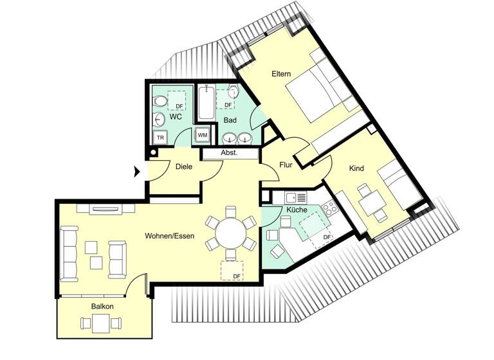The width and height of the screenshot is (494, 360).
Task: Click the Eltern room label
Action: (x=282, y=75)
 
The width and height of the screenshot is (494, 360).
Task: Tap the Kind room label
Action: (x=356, y=168)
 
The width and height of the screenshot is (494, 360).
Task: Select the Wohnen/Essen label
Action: (x=170, y=235)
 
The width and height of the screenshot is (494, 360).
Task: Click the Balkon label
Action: (x=102, y=307)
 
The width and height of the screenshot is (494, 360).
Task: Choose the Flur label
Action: (x=286, y=165)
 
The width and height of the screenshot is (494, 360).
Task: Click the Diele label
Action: (x=184, y=166)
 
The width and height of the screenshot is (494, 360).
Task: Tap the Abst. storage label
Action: (x=229, y=154)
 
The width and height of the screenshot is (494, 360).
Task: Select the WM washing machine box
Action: (x=202, y=135)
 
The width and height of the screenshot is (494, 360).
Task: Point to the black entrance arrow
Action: (x=136, y=172)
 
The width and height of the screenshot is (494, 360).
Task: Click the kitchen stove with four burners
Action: (x=329, y=208)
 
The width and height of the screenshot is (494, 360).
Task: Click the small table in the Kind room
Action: (x=370, y=204)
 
